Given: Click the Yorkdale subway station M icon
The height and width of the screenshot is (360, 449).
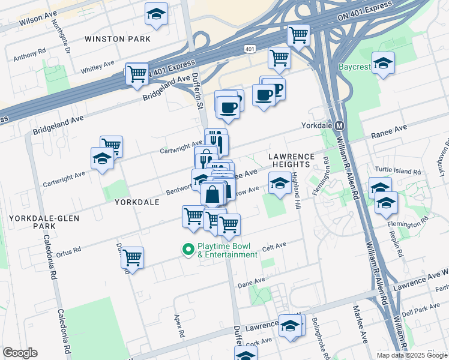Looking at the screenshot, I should pyautogui.click(x=339, y=126).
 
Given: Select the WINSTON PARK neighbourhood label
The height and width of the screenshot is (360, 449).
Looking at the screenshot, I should pyautogui.click(x=117, y=39).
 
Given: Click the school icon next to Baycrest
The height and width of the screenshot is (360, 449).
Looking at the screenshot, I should pyautogui.click(x=382, y=63).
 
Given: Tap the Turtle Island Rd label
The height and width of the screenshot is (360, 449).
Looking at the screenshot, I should pyautogui.click(x=398, y=171).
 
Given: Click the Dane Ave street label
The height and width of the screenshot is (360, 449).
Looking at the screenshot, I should pyautogui.click(x=251, y=281).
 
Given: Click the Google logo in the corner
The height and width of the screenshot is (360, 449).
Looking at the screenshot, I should pyautogui.click(x=20, y=353).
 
